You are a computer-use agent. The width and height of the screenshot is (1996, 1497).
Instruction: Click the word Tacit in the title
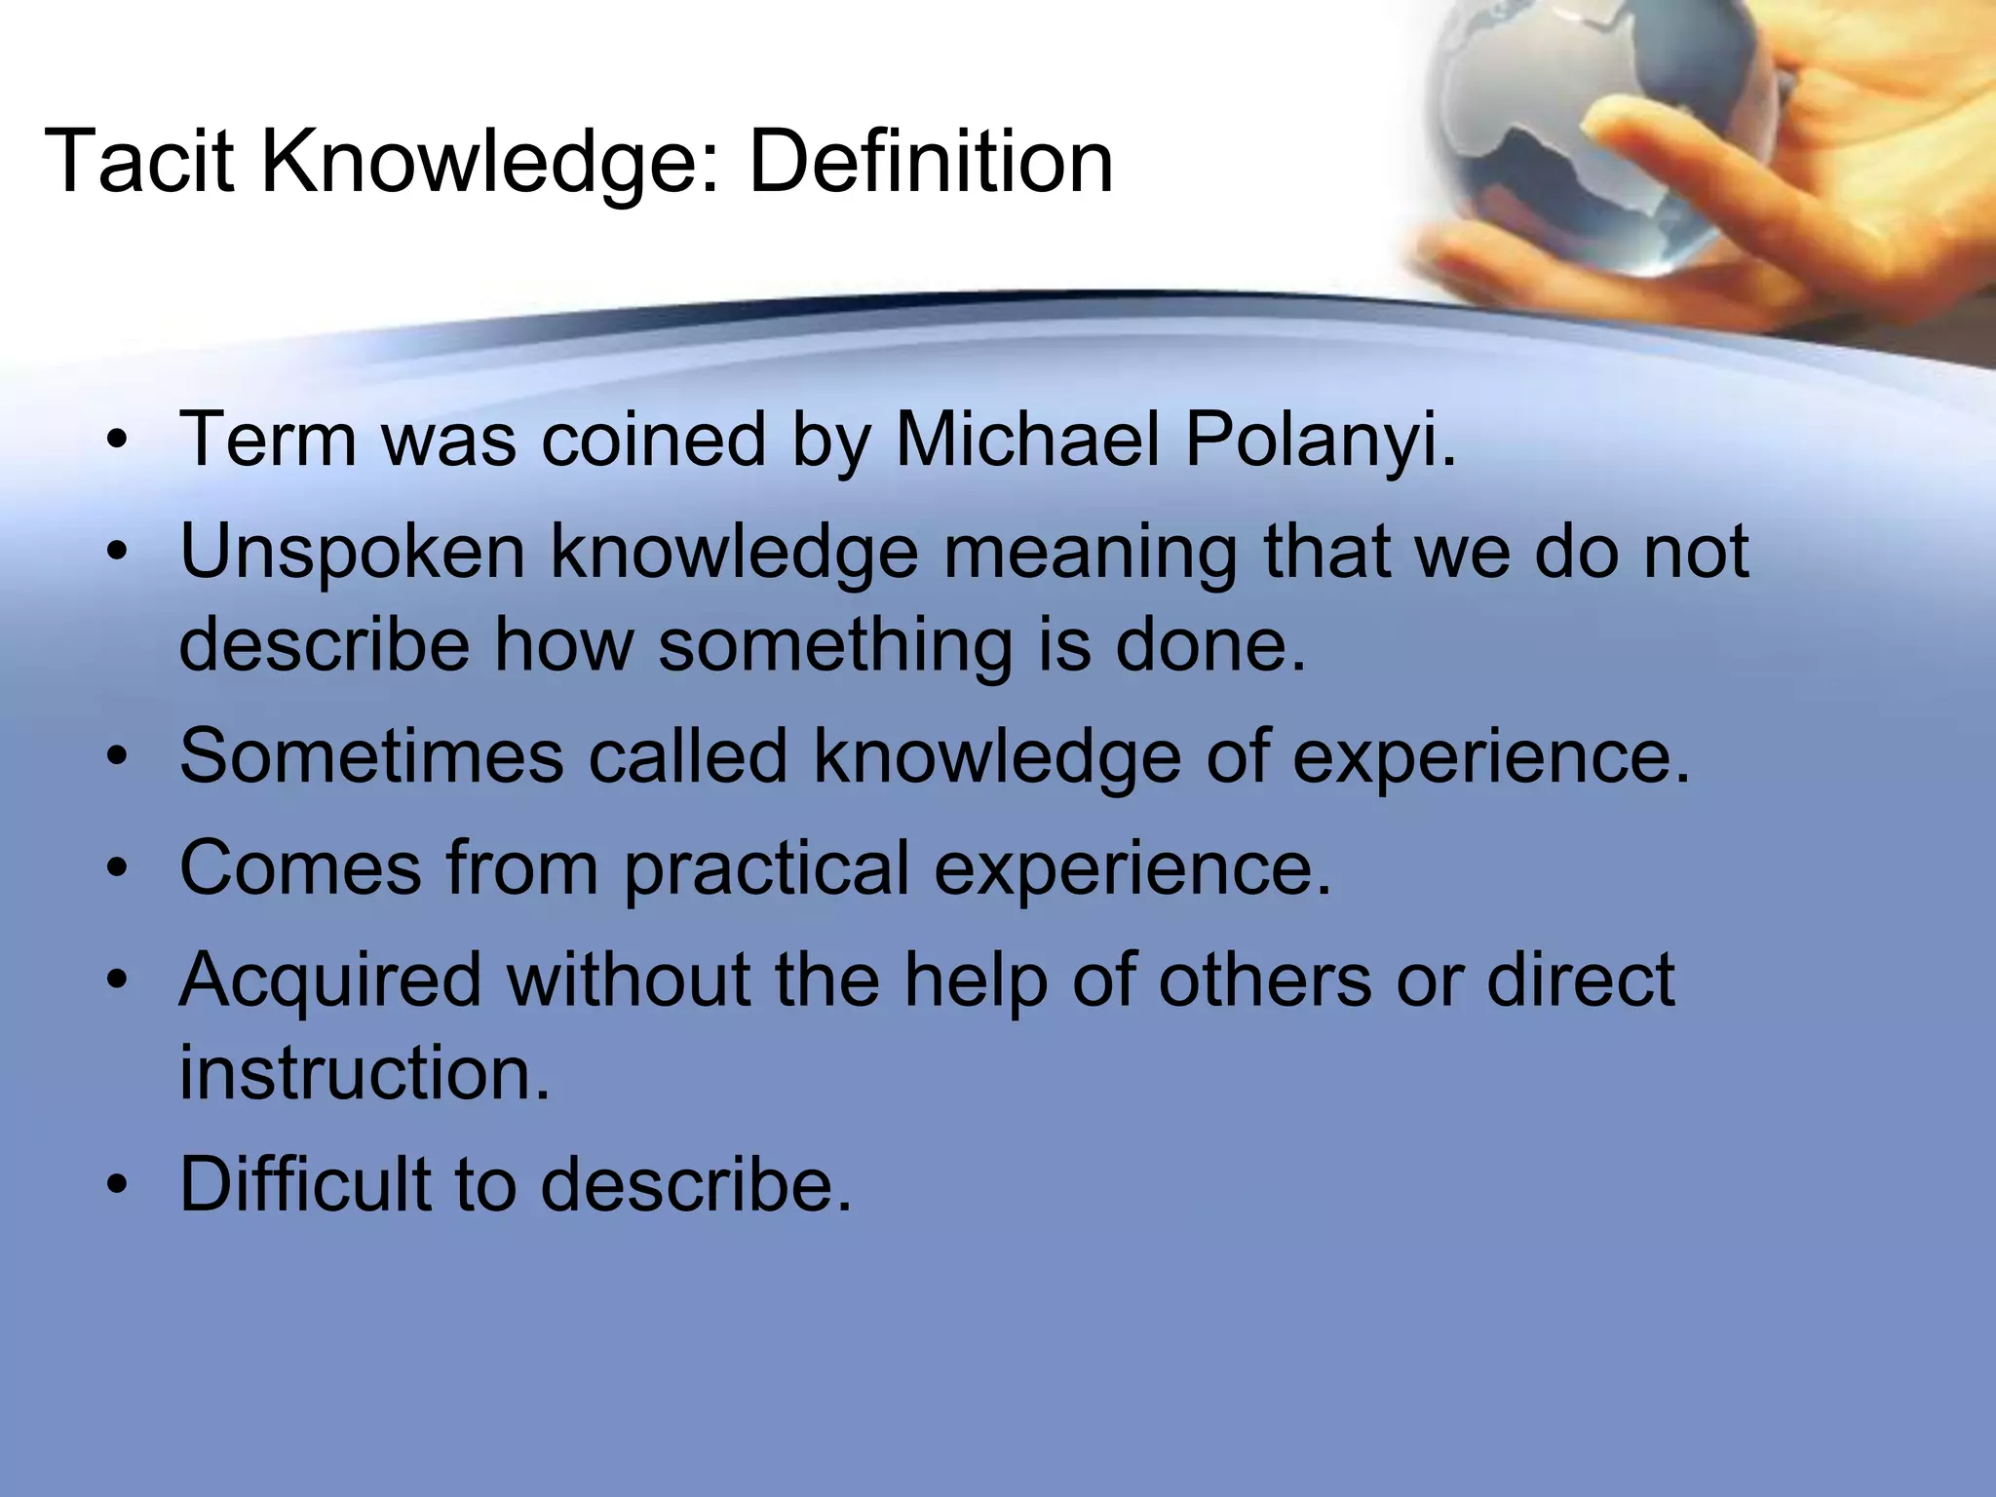coord(138,162)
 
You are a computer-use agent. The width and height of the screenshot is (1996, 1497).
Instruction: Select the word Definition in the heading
coord(930,162)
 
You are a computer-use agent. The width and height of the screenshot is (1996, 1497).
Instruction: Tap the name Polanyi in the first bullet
coord(1320,441)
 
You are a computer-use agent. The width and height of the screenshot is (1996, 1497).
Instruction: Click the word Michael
coord(1027,441)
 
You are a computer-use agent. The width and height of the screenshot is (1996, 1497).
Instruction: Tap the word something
coord(835,645)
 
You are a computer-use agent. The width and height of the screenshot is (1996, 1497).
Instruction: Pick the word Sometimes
coord(371,756)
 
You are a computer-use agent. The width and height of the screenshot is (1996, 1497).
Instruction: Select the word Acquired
coord(330,979)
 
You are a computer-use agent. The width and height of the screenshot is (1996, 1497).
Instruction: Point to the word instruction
coord(365,1073)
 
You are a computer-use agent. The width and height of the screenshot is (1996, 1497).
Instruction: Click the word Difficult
coord(304,1184)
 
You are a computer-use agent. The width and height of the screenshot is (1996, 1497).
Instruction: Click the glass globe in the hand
coord(1598,136)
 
